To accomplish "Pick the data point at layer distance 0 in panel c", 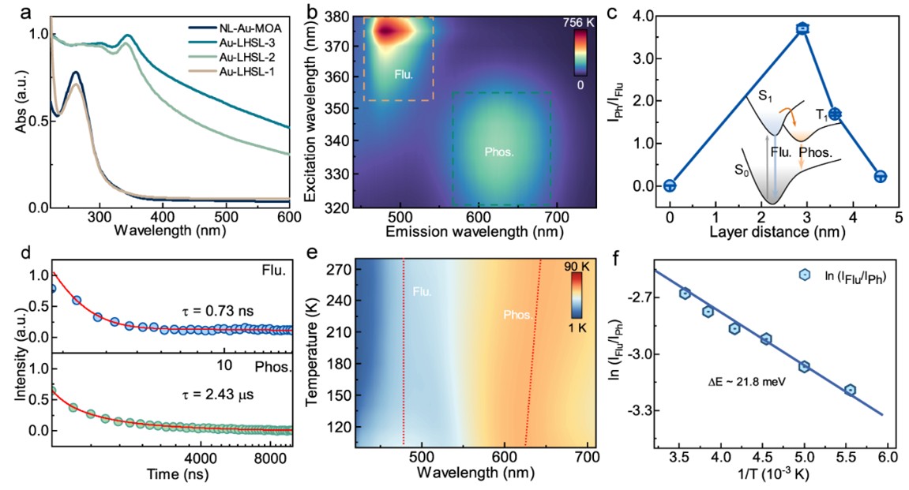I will (670, 186).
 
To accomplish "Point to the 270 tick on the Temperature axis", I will (336, 269).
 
